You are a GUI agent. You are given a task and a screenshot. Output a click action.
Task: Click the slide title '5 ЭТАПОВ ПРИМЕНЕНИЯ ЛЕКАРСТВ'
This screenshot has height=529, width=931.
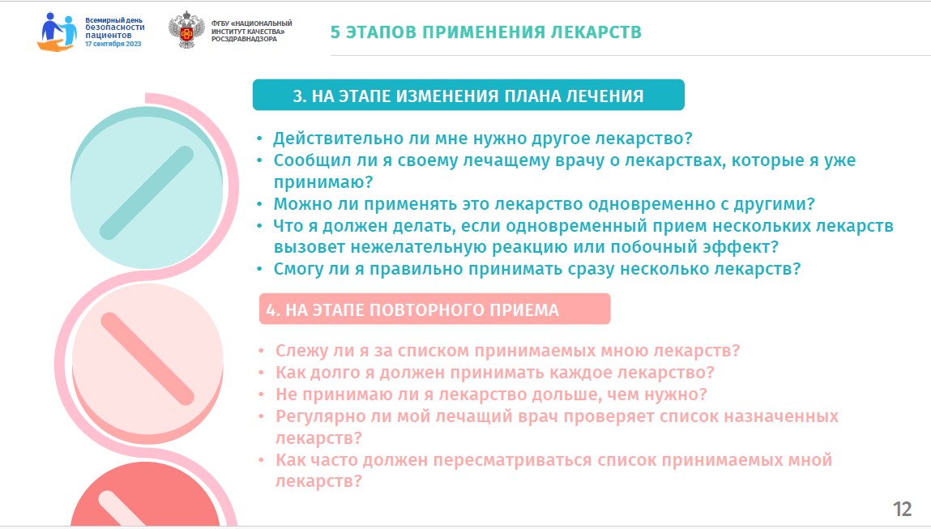coord(485,32)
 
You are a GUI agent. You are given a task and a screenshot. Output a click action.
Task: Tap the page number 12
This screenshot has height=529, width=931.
coord(902,509)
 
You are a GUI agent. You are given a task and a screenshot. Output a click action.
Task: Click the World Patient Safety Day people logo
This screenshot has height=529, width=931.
coord(58,32)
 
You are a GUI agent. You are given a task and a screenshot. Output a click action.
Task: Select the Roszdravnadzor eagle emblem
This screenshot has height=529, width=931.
coord(186,30)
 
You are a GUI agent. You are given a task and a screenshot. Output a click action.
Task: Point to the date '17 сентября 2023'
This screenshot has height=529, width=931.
coord(113,44)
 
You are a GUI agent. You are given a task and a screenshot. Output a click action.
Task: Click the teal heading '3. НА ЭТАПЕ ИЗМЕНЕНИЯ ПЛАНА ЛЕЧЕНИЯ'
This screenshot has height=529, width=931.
coord(468,96)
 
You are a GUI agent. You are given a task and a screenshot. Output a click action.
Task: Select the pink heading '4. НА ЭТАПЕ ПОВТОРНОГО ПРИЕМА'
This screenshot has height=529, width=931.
coord(412,309)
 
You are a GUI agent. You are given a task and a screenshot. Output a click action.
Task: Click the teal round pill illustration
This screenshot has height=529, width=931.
coord(147,188)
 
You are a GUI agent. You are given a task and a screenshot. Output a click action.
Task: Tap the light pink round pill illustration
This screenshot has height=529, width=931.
coord(147,364)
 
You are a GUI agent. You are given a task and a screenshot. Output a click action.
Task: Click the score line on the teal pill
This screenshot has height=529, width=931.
coord(147,193)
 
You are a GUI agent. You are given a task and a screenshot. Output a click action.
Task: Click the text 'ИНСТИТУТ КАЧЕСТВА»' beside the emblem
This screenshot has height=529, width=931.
coord(248,32)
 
